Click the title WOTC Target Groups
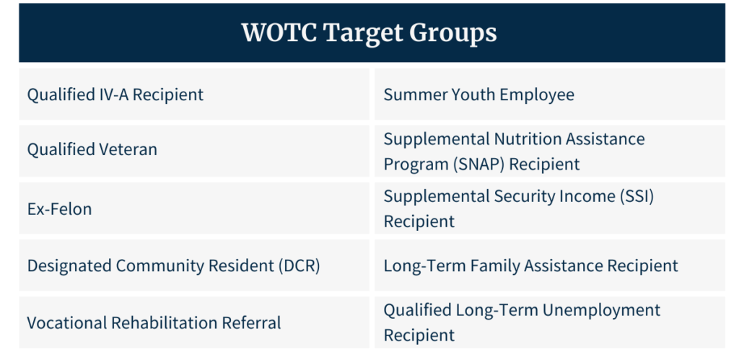pos(369,33)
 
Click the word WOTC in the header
pos(280,32)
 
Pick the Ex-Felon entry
pos(59,208)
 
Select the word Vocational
pos(66,322)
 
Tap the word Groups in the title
pos(452,34)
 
